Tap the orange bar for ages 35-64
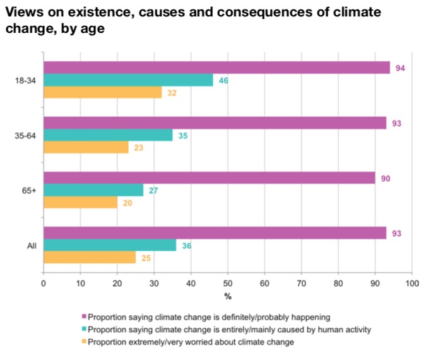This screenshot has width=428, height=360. click(x=85, y=148)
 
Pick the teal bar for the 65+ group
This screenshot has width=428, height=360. click(x=93, y=191)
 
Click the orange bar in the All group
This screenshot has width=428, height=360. click(x=89, y=258)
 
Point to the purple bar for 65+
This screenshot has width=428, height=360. click(x=208, y=178)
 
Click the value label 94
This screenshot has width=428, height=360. click(x=400, y=68)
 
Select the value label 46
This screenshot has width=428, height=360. click(x=223, y=80)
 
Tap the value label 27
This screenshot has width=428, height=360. click(x=153, y=191)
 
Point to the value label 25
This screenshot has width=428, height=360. click(x=145, y=258)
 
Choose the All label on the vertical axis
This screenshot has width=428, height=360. click(x=31, y=246)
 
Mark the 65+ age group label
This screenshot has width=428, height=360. click(x=29, y=191)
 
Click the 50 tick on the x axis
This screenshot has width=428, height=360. click(x=227, y=284)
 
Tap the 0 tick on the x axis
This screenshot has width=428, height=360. click(x=43, y=284)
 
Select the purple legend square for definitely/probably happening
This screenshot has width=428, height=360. click(x=84, y=317)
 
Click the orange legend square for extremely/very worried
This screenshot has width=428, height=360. click(x=84, y=342)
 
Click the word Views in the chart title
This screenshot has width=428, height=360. click(x=23, y=13)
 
